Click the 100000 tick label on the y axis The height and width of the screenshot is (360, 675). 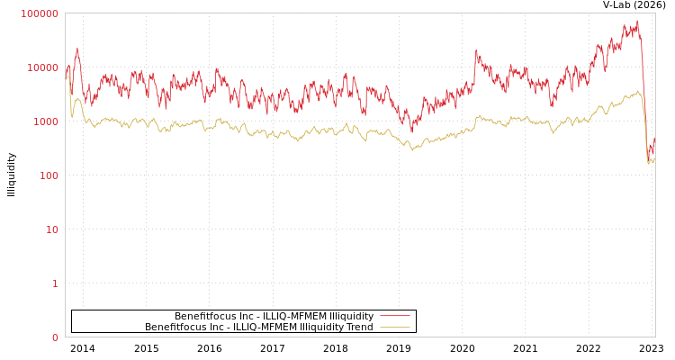pos(40,13)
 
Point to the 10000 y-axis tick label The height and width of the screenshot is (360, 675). pos(42,67)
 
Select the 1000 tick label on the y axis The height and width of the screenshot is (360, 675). pos(45,121)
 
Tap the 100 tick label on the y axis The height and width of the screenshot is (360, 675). pos(48,175)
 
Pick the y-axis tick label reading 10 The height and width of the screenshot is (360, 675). pos(51,229)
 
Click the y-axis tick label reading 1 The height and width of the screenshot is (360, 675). pos(55,283)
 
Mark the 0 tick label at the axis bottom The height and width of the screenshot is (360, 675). pos(55,337)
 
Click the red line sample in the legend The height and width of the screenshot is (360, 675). pos(394,316)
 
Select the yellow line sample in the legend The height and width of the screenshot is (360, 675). pos(394,327)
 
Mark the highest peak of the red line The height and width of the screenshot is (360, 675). pos(637,21)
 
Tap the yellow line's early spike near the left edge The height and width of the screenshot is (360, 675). pos(77,98)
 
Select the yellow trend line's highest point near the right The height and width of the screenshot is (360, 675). pos(636,91)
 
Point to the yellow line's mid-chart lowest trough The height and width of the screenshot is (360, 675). pos(412,149)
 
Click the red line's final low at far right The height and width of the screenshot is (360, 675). pos(648,161)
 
